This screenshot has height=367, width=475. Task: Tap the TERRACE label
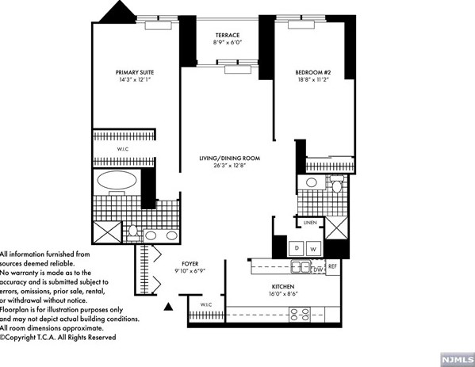[228, 34]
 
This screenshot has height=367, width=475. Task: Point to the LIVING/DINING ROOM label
[229, 159]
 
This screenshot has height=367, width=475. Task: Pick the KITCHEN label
[283, 286]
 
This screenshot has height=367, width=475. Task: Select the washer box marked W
[313, 248]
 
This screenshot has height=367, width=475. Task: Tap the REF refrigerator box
[333, 266]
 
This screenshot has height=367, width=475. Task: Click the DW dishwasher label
[316, 270]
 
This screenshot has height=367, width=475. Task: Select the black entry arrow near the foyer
[167, 307]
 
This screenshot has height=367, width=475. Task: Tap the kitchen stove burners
[301, 315]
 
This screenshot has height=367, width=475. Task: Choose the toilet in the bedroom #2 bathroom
[336, 187]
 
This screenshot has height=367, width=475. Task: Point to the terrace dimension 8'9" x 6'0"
[228, 44]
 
